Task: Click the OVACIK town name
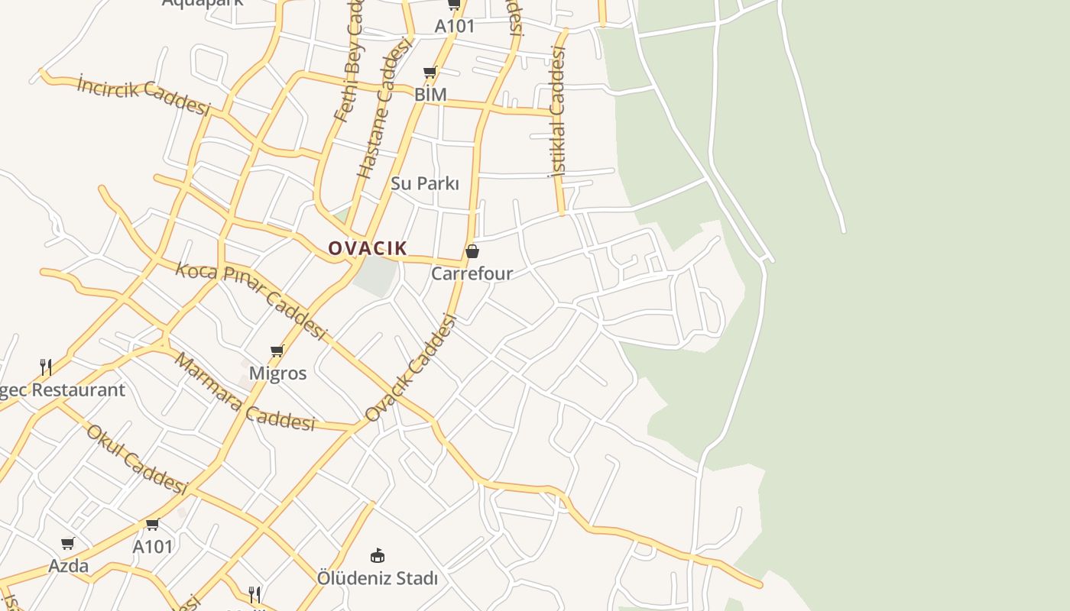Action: [368, 248]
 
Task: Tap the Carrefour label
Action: [472, 273]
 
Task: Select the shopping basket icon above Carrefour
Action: [472, 251]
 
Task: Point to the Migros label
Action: [277, 373]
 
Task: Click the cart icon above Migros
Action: [277, 351]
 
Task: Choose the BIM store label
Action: [430, 95]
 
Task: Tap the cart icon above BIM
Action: [430, 73]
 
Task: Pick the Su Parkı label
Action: [425, 183]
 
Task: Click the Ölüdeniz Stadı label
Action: [378, 578]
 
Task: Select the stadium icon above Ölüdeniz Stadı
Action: [378, 555]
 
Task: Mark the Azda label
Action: [69, 566]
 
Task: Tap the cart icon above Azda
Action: [68, 544]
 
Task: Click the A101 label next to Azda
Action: [153, 547]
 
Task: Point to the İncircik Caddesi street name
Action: [144, 95]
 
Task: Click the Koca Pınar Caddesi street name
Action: [251, 300]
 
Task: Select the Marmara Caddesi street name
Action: [245, 392]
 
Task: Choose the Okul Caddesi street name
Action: [137, 458]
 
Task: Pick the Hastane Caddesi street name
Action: [384, 108]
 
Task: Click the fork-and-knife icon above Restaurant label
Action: [46, 367]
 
